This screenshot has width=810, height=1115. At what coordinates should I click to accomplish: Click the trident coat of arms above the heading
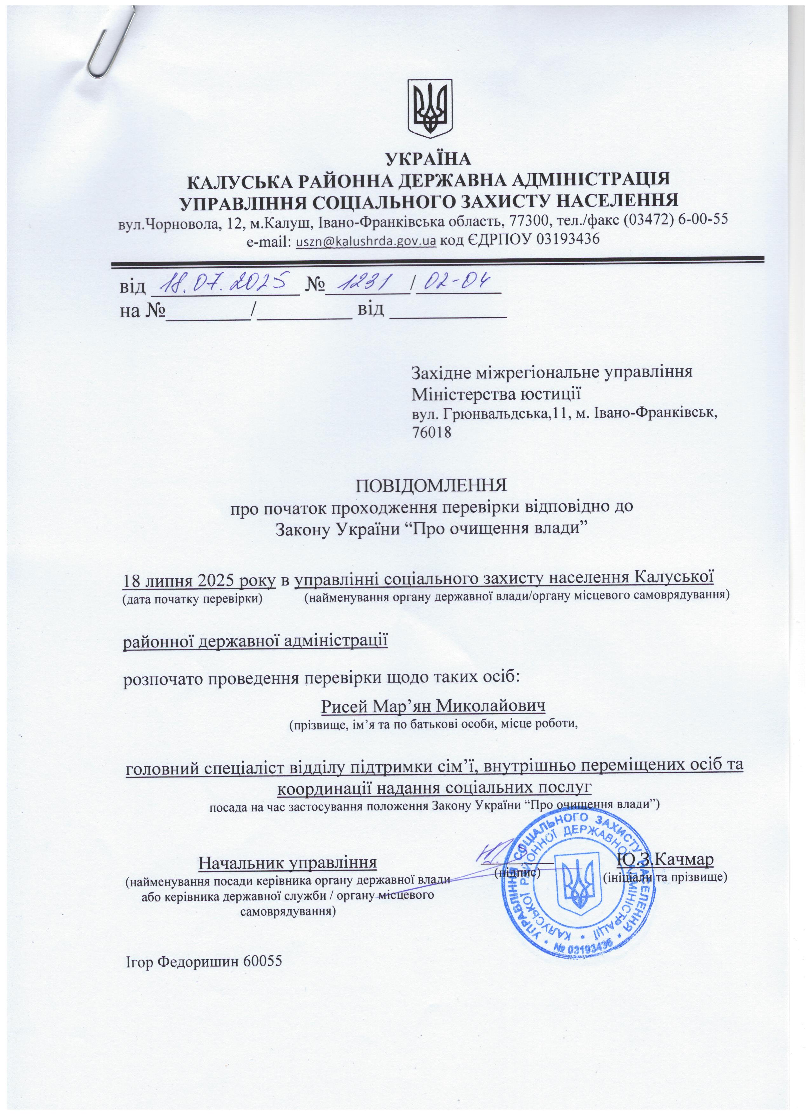coord(431,108)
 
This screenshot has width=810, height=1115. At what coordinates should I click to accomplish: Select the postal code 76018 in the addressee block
coord(431,433)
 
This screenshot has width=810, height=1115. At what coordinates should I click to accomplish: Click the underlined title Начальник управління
coord(287,862)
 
